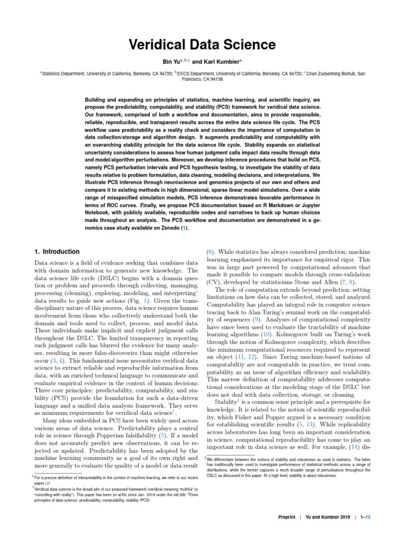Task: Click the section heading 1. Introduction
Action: click(x=57, y=251)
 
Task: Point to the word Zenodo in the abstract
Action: click(x=165, y=228)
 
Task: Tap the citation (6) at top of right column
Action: click(x=210, y=254)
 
